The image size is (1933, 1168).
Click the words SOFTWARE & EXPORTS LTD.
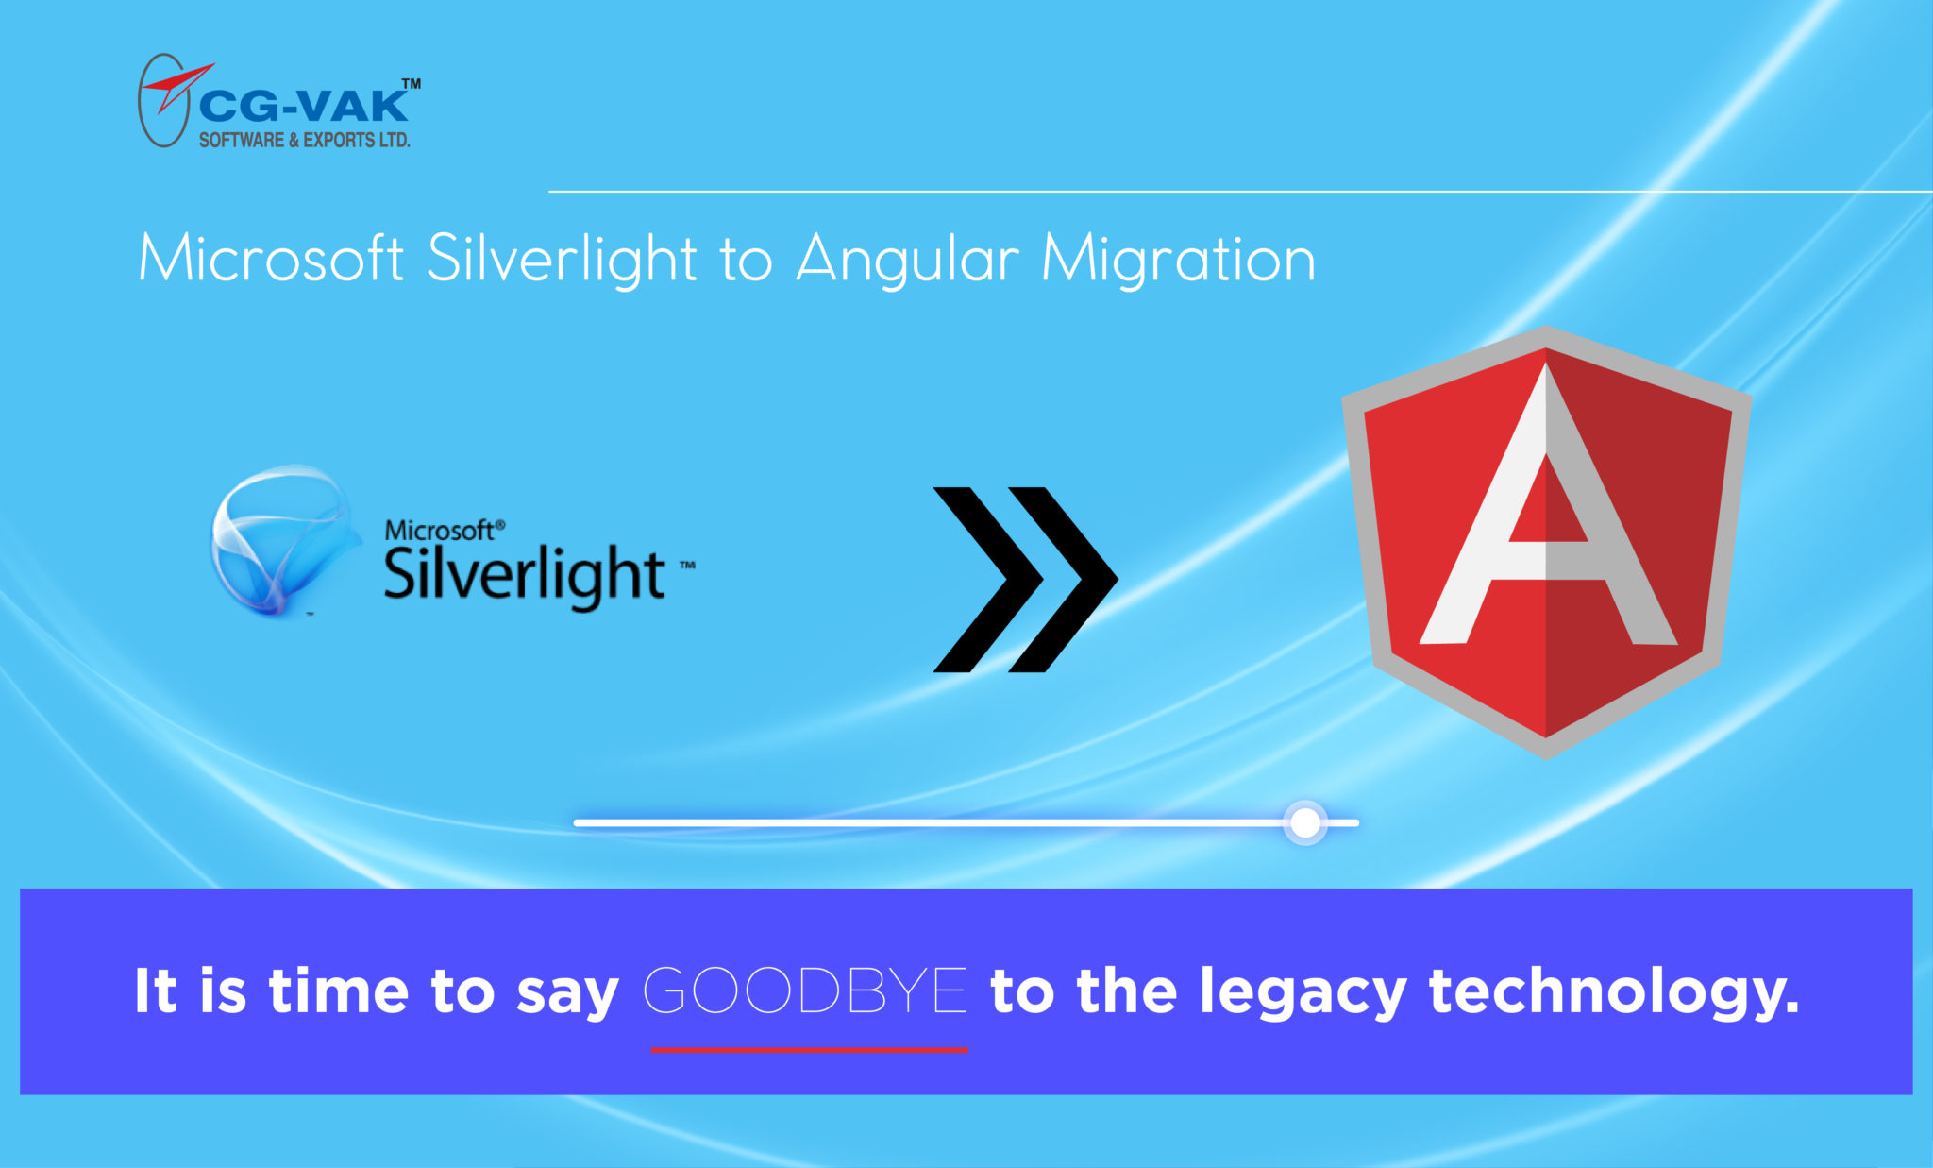coord(304,140)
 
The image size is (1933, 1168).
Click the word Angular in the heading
coord(908,260)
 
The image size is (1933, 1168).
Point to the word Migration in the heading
coord(1178,260)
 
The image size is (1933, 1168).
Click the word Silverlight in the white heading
coord(562,260)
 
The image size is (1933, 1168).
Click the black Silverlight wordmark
coord(525,574)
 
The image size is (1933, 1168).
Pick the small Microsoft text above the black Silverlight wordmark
coord(440,531)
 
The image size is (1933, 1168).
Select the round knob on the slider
coord(1305,822)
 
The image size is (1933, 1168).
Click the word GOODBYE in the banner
coord(805,990)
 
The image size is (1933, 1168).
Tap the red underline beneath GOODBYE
coord(809,1049)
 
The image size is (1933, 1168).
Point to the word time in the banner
coord(339,991)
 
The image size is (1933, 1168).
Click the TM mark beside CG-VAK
coord(412,84)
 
